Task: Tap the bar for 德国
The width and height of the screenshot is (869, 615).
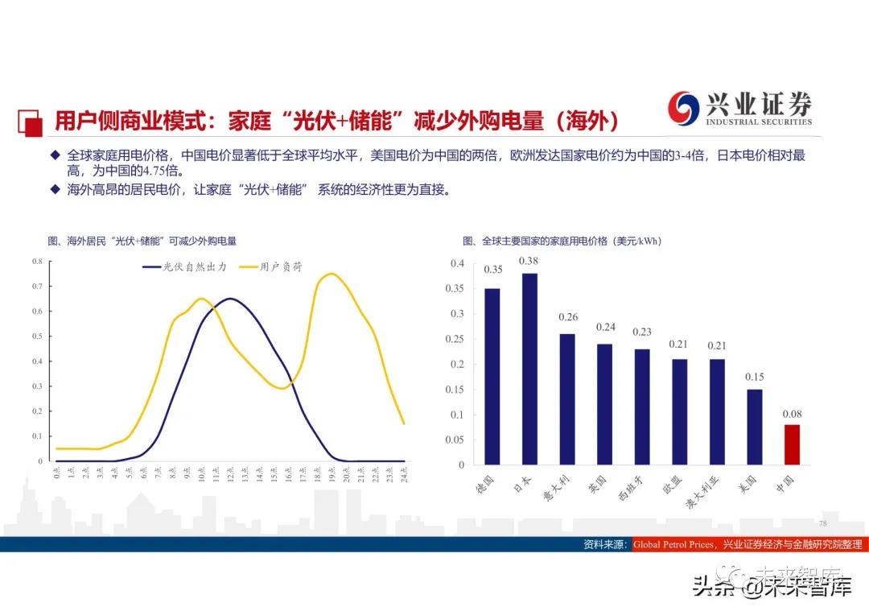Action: point(492,376)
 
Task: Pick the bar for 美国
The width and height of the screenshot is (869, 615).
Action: point(755,427)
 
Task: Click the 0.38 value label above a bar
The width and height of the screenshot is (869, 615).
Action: point(529,261)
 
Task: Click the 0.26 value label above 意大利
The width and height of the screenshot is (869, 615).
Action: point(567,317)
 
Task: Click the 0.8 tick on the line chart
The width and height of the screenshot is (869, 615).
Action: point(37,262)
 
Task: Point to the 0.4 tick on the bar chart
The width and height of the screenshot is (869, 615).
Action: point(457,263)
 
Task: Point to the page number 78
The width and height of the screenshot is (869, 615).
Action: point(822,523)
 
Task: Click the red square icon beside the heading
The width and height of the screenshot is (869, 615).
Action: point(31,122)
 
